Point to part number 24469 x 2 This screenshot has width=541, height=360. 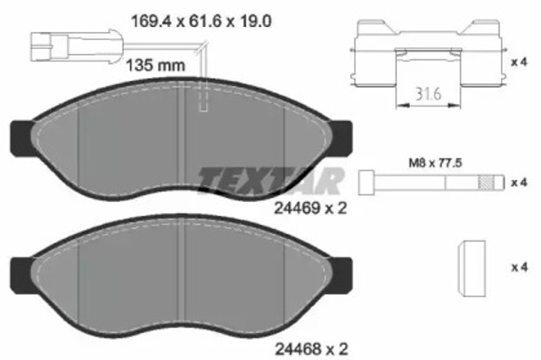pyautogui.click(x=313, y=205)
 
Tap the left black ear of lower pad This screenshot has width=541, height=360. pyautogui.click(x=19, y=271)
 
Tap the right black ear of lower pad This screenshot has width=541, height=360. pyautogui.click(x=343, y=271)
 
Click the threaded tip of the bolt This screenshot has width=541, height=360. pyautogui.click(x=487, y=183)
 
